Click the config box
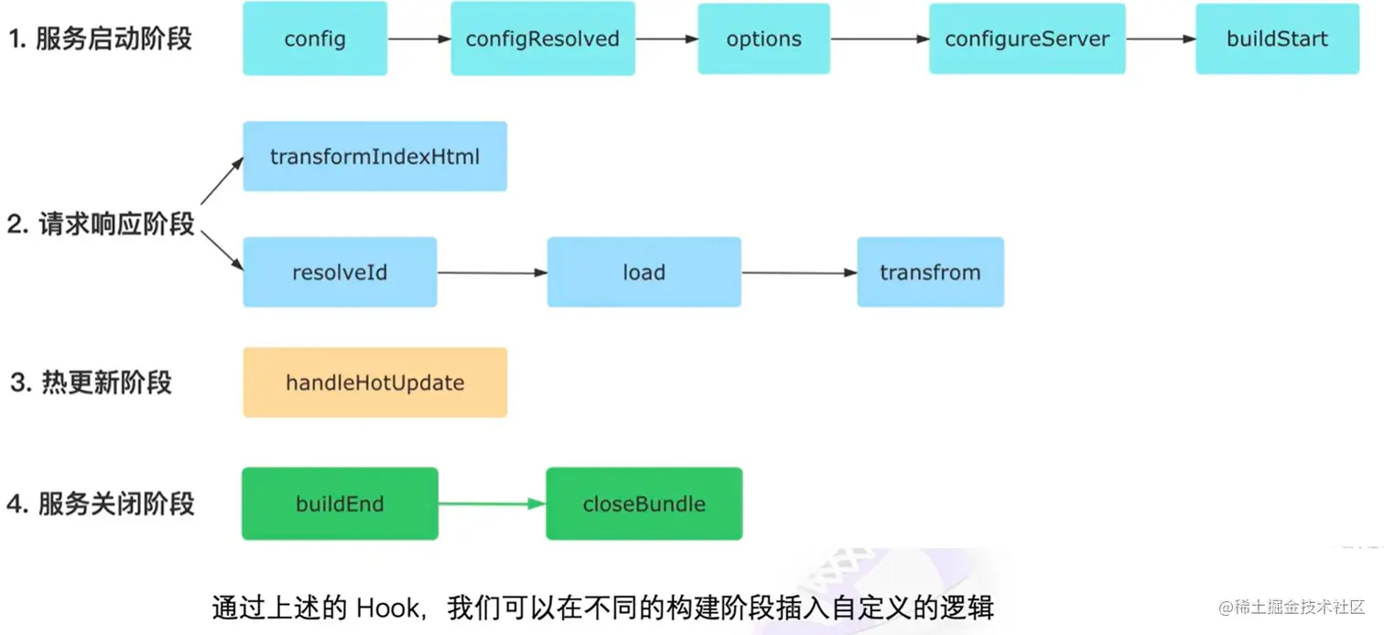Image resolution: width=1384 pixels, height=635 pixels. tap(315, 38)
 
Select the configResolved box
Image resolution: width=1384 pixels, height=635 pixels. tap(543, 38)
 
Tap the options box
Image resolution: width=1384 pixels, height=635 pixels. tap(763, 38)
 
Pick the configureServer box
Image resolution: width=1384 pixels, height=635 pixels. tap(1027, 38)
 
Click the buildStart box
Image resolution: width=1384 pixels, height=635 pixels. tap(1277, 38)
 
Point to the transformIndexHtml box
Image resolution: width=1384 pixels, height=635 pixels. tap(374, 156)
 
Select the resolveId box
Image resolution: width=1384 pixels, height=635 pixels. tap(340, 273)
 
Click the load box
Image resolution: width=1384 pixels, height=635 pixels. tap(643, 273)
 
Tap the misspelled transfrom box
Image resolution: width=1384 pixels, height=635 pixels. tap(930, 273)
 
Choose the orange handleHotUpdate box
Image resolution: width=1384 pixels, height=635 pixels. tap(374, 382)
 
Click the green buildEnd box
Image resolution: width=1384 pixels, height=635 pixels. tap(340, 504)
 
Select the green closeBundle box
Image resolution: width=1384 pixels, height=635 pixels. tap(643, 504)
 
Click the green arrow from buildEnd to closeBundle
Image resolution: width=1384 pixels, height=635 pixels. tap(492, 504)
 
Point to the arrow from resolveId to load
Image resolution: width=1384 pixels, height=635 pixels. tap(492, 273)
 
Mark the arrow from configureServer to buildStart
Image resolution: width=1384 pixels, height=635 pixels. tap(1161, 39)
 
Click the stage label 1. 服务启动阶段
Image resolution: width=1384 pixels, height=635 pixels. tap(101, 39)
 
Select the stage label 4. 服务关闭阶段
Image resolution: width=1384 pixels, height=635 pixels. tap(101, 504)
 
